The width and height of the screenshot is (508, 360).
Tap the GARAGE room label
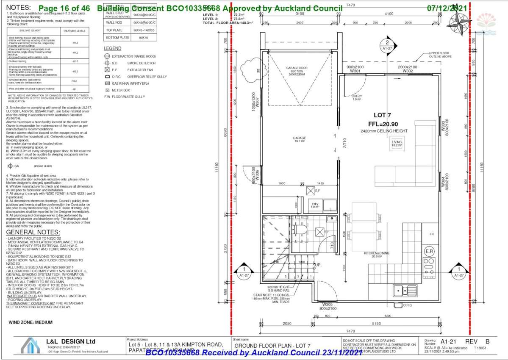tap(299, 138)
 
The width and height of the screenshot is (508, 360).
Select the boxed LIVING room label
tap(397, 143)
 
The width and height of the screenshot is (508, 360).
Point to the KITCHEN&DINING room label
tap(376, 254)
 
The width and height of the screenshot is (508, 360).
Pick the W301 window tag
tap(355, 71)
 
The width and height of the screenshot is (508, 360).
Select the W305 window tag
tap(328, 304)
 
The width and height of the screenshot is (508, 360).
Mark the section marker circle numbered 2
tap(386, 42)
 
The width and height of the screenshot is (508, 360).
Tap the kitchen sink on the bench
tap(400, 291)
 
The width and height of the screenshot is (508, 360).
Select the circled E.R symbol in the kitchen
tap(429, 252)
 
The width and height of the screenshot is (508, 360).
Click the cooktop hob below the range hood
tap(429, 266)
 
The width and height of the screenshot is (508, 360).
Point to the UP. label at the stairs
tap(316, 265)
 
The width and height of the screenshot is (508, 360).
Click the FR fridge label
tap(431, 234)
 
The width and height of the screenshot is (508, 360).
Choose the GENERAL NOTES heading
tap(33, 233)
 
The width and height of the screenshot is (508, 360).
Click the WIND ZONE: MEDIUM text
tap(31, 322)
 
